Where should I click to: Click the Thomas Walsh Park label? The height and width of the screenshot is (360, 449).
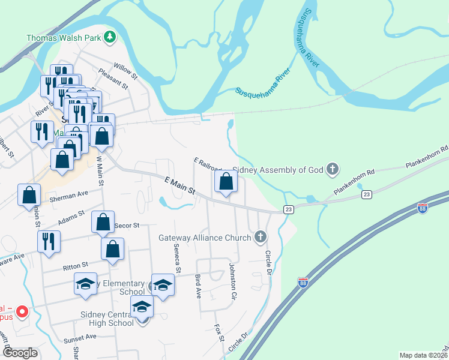coord(63,37)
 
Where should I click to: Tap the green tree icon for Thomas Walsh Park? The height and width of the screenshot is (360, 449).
coord(109,37)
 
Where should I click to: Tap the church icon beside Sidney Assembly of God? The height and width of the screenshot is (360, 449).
coord(333,169)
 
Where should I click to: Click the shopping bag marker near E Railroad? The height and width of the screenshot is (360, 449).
coord(225,182)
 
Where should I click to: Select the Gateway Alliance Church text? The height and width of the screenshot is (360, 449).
coord(204,238)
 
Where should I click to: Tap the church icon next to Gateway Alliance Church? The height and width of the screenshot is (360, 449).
coord(260,237)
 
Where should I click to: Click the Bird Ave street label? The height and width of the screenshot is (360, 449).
coord(197,287)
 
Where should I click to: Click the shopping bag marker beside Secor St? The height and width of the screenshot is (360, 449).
coord(103,222)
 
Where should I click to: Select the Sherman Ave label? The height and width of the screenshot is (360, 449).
coord(72,196)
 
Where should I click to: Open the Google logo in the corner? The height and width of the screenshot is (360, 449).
coord(20,353)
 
